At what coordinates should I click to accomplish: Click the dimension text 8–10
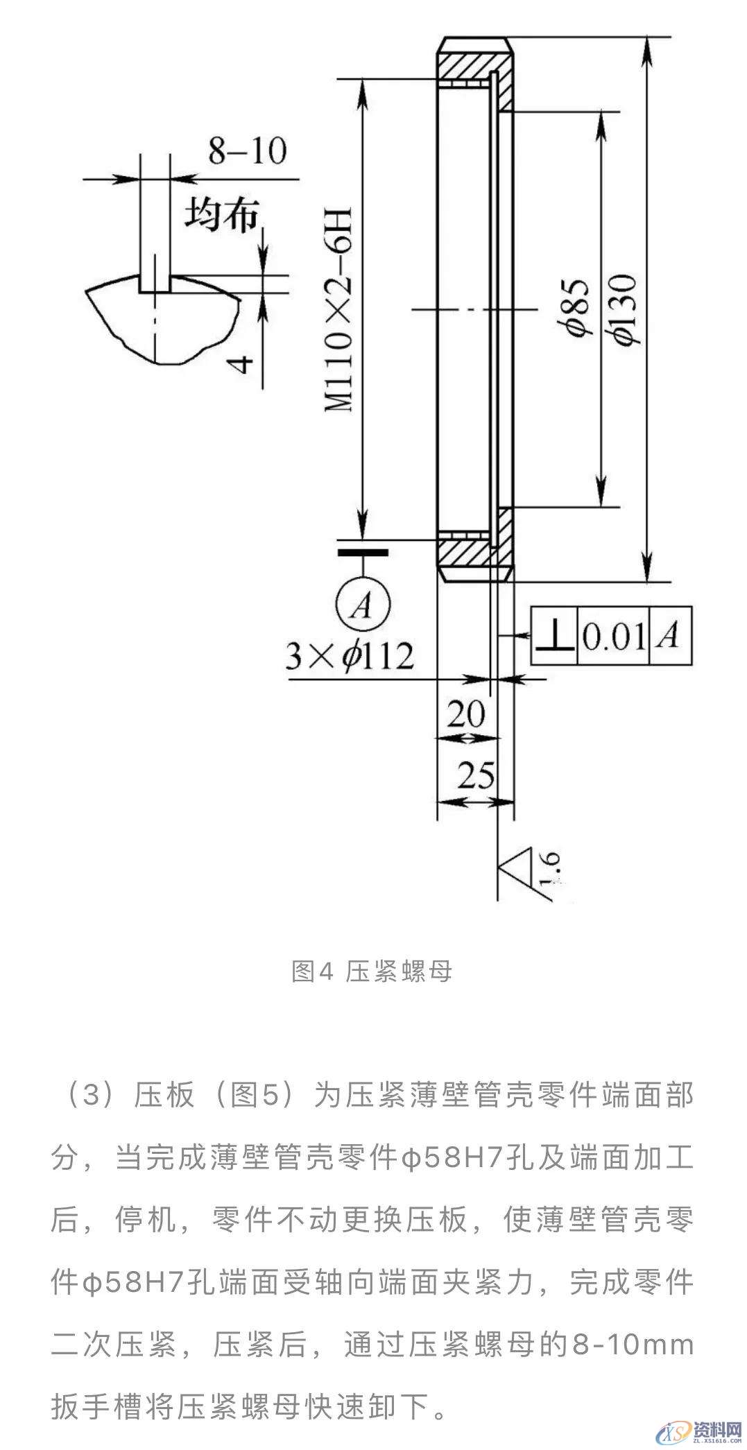247,150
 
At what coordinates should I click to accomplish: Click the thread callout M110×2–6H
340,308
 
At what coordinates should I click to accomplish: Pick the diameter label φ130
624,309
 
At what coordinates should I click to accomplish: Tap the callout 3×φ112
350,655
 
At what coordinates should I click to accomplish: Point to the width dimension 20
465,714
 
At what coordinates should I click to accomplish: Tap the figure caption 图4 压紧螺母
372,972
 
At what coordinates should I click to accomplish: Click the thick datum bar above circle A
362,553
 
